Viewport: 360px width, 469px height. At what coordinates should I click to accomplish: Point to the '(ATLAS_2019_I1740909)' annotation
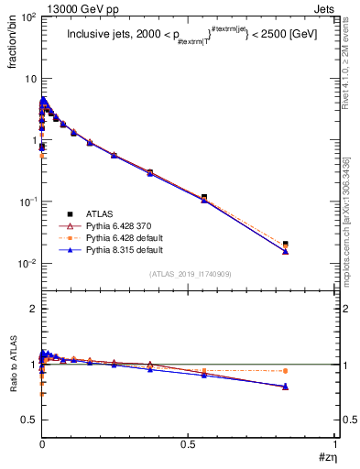pyautogui.click(x=189, y=274)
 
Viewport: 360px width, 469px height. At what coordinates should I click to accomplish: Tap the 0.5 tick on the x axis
pyautogui.click(x=188, y=444)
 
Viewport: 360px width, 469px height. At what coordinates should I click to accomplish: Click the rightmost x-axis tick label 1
pyautogui.click(x=334, y=444)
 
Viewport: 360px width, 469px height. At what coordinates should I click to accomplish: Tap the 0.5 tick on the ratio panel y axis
pyautogui.click(x=29, y=420)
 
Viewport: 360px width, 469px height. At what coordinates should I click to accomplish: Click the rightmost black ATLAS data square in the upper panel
pyautogui.click(x=286, y=244)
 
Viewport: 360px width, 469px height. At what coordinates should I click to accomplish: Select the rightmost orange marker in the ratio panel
pyautogui.click(x=286, y=371)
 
